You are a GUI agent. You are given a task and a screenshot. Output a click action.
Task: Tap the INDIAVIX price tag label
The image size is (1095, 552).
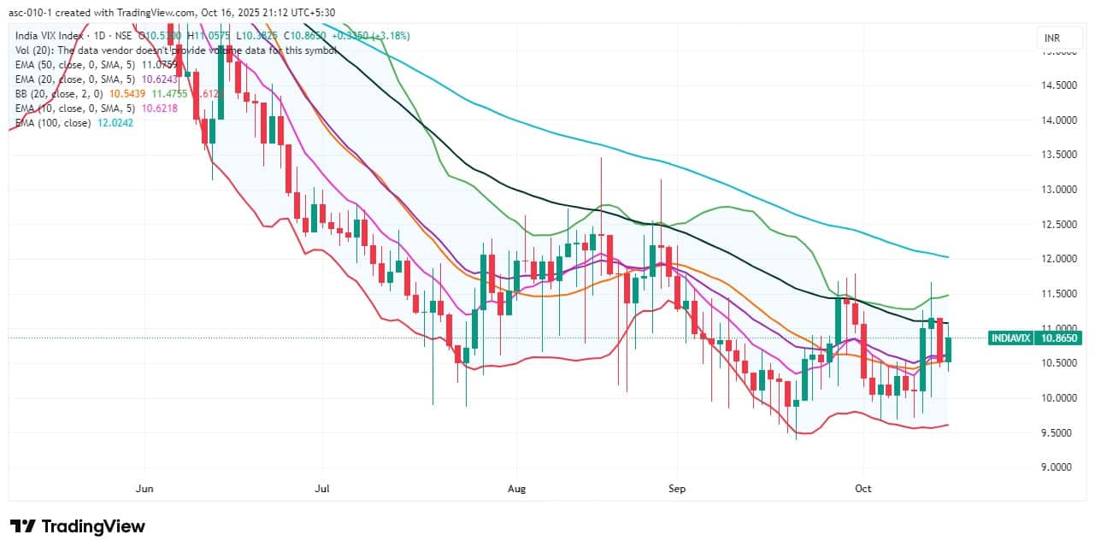[1010, 338]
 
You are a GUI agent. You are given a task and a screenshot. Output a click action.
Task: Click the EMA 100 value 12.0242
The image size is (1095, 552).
[115, 123]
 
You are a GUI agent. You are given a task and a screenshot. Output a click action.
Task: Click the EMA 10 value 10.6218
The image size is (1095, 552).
[158, 109]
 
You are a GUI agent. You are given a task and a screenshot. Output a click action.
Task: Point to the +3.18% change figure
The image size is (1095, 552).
[390, 36]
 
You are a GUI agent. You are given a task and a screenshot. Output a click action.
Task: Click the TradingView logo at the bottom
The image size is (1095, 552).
[78, 526]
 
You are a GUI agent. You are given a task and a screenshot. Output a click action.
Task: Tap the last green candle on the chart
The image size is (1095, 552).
[948, 349]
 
